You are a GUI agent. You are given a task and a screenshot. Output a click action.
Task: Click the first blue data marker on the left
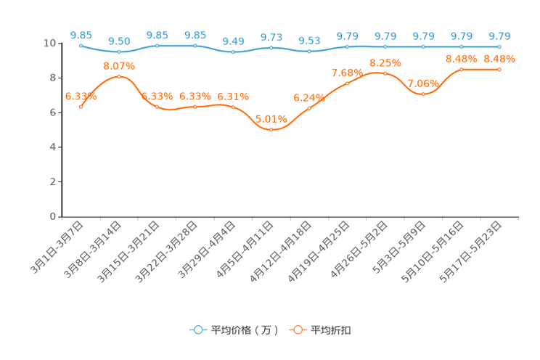(x=81, y=45)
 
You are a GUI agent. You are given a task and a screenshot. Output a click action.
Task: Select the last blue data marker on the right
(x=499, y=46)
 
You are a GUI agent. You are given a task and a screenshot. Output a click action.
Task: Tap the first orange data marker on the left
(x=81, y=107)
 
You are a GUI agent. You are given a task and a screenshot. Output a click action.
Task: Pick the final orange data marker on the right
(x=499, y=69)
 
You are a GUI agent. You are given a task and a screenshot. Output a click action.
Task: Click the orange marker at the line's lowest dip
(x=271, y=130)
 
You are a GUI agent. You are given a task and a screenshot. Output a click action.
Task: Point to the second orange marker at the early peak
(x=119, y=76)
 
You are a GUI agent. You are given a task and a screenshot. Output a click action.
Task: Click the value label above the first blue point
(x=81, y=34)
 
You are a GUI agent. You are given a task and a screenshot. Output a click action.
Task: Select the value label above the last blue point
(x=499, y=36)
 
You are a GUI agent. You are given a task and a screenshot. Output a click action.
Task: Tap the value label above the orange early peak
(x=119, y=65)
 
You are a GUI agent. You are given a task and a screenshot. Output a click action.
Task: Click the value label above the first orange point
(x=81, y=96)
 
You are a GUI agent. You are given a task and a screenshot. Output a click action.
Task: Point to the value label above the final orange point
(x=499, y=58)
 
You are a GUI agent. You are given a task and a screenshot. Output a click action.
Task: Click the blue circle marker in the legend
(x=197, y=330)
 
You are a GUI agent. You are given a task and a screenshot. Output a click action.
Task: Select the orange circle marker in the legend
(x=297, y=330)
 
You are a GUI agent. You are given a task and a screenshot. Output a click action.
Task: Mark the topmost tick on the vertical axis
(x=61, y=44)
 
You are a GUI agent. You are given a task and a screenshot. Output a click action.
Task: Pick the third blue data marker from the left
(x=157, y=45)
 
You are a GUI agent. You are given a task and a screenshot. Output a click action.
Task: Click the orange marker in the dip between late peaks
(x=423, y=94)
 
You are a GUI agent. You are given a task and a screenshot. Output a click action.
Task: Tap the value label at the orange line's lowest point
(x=271, y=118)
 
